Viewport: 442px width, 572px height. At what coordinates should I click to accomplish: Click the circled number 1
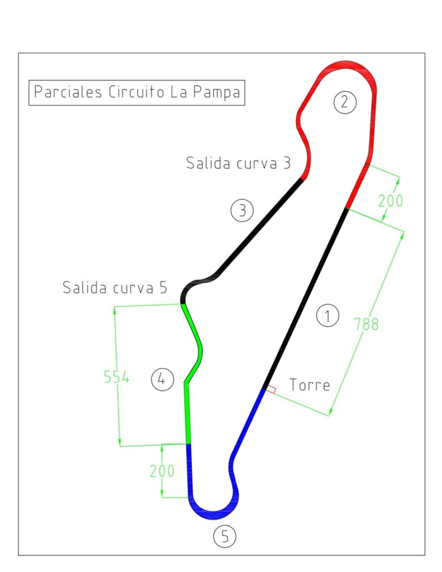pos(327,315)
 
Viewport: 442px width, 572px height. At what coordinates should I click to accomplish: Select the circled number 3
pos(242,210)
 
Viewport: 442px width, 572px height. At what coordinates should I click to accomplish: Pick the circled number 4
pos(162,379)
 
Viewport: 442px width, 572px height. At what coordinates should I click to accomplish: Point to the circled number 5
pos(225,536)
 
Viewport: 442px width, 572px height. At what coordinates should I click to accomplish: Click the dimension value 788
pos(366,324)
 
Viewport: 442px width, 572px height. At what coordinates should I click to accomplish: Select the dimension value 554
pos(116,377)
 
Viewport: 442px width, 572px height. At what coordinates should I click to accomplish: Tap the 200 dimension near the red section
pos(390,201)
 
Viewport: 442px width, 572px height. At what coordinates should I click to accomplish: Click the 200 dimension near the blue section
pos(161,470)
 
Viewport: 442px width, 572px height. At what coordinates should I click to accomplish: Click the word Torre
pos(310,385)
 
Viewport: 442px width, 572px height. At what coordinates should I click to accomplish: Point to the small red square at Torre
pos(271,389)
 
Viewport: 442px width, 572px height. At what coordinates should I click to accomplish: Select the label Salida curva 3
pos(239,163)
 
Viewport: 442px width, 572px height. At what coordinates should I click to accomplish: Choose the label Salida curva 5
pos(115,288)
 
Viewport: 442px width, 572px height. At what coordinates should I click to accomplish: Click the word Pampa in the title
pos(216,92)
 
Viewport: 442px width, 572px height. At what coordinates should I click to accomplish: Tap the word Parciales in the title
pos(68,92)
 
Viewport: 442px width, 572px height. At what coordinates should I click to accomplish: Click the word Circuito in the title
pos(136,92)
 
